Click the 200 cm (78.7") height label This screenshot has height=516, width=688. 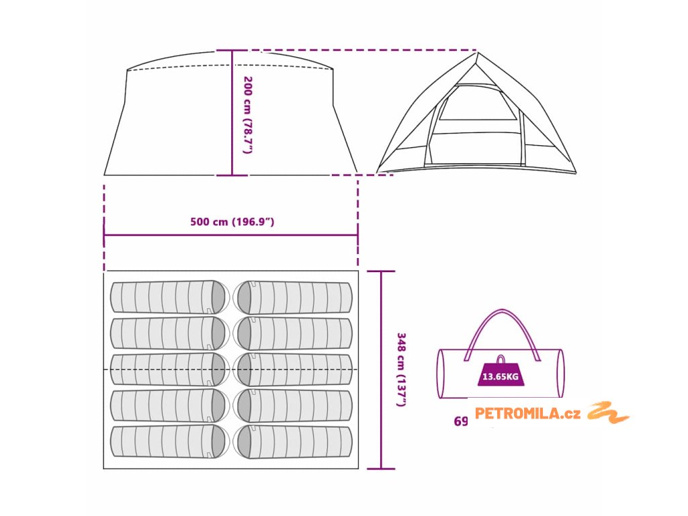[x=247, y=114]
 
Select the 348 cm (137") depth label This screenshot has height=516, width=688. [x=401, y=370]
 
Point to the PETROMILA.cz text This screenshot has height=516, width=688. [x=527, y=413]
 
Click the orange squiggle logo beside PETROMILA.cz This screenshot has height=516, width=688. [x=608, y=413]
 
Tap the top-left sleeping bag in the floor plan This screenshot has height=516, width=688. [x=169, y=297]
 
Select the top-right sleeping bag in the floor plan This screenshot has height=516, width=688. [x=293, y=297]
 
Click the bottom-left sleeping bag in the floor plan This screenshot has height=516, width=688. [x=169, y=442]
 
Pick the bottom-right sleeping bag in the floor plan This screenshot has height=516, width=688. [x=293, y=442]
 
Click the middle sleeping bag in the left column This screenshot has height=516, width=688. [x=169, y=370]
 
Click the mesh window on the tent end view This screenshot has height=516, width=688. [x=478, y=104]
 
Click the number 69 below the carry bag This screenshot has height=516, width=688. [x=461, y=422]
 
